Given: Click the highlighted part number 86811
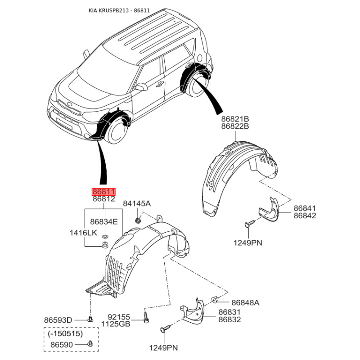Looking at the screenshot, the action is (x=103, y=192).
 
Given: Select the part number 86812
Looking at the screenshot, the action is (x=104, y=199).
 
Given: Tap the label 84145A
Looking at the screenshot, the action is (x=137, y=203).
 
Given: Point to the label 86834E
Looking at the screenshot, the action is (x=104, y=222).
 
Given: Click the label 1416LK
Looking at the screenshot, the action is (x=83, y=233).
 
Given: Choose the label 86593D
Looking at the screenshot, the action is (x=58, y=320).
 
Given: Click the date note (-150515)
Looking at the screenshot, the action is (x=65, y=333).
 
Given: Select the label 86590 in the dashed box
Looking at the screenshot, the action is (x=62, y=345).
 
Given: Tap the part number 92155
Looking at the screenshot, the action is (x=119, y=317).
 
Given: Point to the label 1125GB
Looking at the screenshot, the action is (x=116, y=324).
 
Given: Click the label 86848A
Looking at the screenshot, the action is (x=245, y=302).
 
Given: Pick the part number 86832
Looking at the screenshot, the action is (x=229, y=319).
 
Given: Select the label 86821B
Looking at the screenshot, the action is (x=235, y=119).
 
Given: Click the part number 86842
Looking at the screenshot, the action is (x=305, y=216).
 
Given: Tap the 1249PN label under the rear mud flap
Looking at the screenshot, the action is (x=248, y=243).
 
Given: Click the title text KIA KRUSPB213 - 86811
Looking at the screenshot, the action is (x=119, y=10).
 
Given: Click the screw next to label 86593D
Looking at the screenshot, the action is (x=90, y=319).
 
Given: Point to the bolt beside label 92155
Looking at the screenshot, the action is (x=146, y=317).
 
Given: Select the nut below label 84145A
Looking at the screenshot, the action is (x=138, y=221).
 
